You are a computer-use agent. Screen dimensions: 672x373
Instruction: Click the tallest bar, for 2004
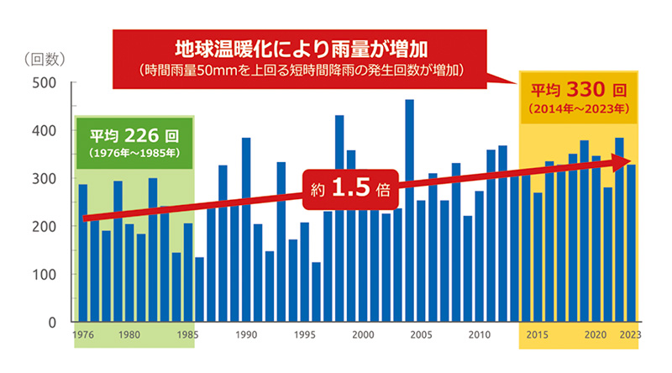[409, 211]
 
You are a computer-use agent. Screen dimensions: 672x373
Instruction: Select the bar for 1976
[83, 253]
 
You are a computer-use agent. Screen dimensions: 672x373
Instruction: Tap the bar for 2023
[631, 243]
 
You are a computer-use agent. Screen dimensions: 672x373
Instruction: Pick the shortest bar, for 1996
[317, 292]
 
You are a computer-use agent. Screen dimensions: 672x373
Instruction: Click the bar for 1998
[339, 218]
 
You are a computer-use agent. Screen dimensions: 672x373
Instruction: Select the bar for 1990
[246, 230]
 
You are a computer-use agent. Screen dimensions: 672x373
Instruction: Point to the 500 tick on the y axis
[73, 81]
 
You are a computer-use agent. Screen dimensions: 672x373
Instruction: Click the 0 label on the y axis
[52, 323]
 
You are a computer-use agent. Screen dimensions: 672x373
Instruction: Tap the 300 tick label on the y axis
[45, 178]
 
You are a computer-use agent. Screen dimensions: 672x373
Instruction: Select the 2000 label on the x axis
[363, 335]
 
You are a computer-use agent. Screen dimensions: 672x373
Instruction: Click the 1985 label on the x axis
[187, 335]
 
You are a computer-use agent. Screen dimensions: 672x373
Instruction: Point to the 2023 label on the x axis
[631, 335]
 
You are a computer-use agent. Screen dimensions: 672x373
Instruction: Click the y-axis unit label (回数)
[45, 59]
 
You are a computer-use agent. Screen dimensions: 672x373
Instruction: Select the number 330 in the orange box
[585, 90]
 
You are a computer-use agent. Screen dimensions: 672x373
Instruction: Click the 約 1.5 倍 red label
[350, 189]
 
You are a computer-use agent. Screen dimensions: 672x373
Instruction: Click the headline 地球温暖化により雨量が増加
[302, 50]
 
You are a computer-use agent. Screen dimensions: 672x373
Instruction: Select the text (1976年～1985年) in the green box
[134, 153]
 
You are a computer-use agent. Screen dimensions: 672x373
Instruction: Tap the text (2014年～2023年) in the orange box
[579, 109]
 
